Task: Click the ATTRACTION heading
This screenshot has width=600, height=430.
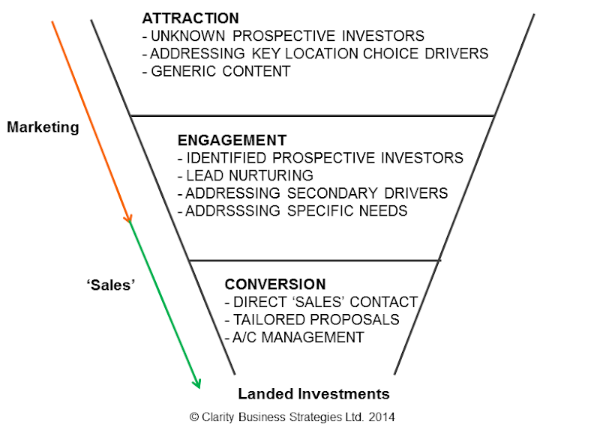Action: click(190, 18)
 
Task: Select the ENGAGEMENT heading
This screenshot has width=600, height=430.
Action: click(232, 140)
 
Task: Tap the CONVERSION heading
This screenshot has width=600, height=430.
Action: click(275, 285)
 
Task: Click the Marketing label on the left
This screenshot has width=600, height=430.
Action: click(43, 127)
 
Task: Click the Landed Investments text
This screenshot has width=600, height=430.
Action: click(313, 393)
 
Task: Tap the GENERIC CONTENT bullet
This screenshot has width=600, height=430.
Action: click(215, 72)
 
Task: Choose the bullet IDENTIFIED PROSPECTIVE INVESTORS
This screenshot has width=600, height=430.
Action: click(320, 158)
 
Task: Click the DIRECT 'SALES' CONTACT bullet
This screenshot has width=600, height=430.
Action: click(321, 303)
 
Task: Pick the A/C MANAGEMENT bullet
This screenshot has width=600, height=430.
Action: click(294, 338)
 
